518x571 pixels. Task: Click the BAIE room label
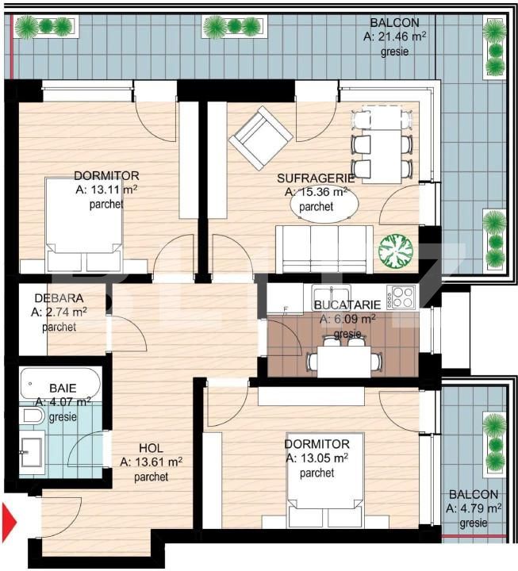[x=63, y=389]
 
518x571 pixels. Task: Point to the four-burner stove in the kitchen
[x=400, y=298]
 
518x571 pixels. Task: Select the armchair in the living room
[x=259, y=140]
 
